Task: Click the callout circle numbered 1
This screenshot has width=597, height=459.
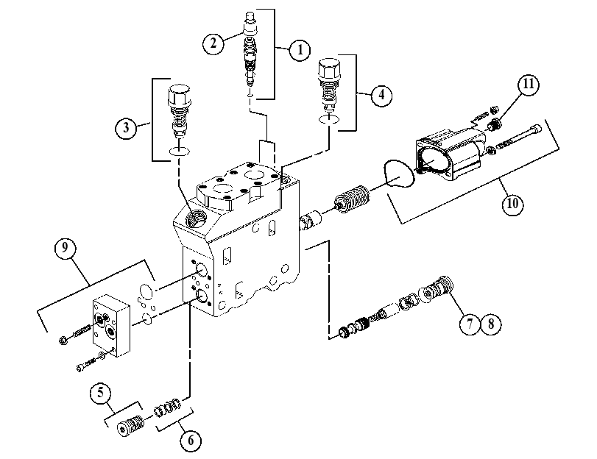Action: point(300,50)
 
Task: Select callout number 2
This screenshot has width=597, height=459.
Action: point(213,43)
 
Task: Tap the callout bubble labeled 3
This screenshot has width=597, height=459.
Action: point(126,128)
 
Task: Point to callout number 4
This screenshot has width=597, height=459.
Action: point(381,94)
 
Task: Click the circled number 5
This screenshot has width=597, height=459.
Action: point(101,392)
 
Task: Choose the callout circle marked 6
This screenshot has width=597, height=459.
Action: point(191,441)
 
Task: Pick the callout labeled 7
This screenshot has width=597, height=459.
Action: point(470,324)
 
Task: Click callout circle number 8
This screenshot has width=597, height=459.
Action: point(491,324)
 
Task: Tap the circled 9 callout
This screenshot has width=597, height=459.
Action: point(65,248)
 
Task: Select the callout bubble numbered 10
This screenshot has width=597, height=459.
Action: point(512,204)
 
